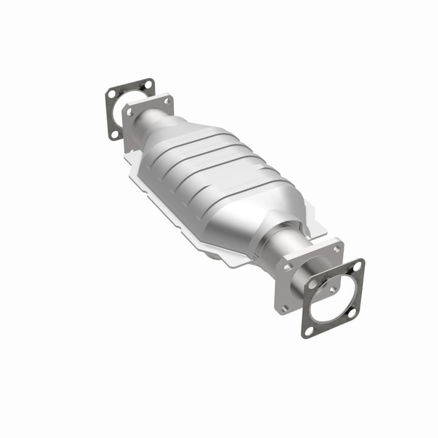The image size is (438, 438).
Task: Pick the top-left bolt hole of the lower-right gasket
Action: [311, 283]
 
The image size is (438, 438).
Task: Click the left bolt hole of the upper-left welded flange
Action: [129, 111]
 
